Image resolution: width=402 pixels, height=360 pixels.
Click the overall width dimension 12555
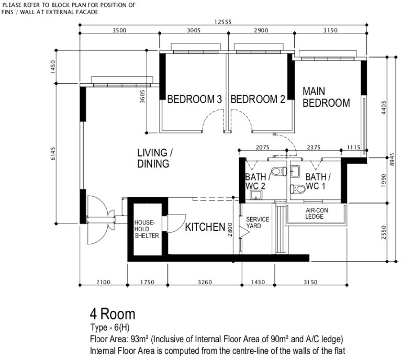click(223, 22)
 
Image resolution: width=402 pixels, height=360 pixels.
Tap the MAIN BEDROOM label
click(326, 97)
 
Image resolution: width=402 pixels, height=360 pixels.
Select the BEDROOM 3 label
click(194, 99)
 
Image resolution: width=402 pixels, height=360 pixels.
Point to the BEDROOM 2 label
click(258, 99)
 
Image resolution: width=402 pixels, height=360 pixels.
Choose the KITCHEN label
click(205, 227)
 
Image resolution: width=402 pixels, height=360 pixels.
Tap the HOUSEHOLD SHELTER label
click(147, 229)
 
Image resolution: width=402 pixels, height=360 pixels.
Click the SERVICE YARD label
click(258, 223)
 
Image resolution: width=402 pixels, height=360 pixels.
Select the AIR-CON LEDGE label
click(316, 213)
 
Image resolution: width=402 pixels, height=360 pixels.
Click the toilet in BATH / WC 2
click(279, 171)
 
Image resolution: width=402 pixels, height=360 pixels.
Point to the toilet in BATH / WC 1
click(298, 189)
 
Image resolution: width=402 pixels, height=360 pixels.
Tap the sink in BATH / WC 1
click(295, 172)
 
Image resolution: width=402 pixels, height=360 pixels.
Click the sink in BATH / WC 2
click(255, 195)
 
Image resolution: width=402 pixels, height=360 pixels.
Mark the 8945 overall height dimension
click(392, 160)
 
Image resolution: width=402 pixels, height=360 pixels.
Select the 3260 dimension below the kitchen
click(205, 282)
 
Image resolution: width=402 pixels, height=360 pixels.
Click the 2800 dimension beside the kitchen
click(230, 230)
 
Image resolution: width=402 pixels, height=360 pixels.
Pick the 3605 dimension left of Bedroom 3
click(142, 96)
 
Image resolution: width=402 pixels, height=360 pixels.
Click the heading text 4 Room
click(113, 314)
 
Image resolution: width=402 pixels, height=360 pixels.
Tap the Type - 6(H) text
click(110, 328)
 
